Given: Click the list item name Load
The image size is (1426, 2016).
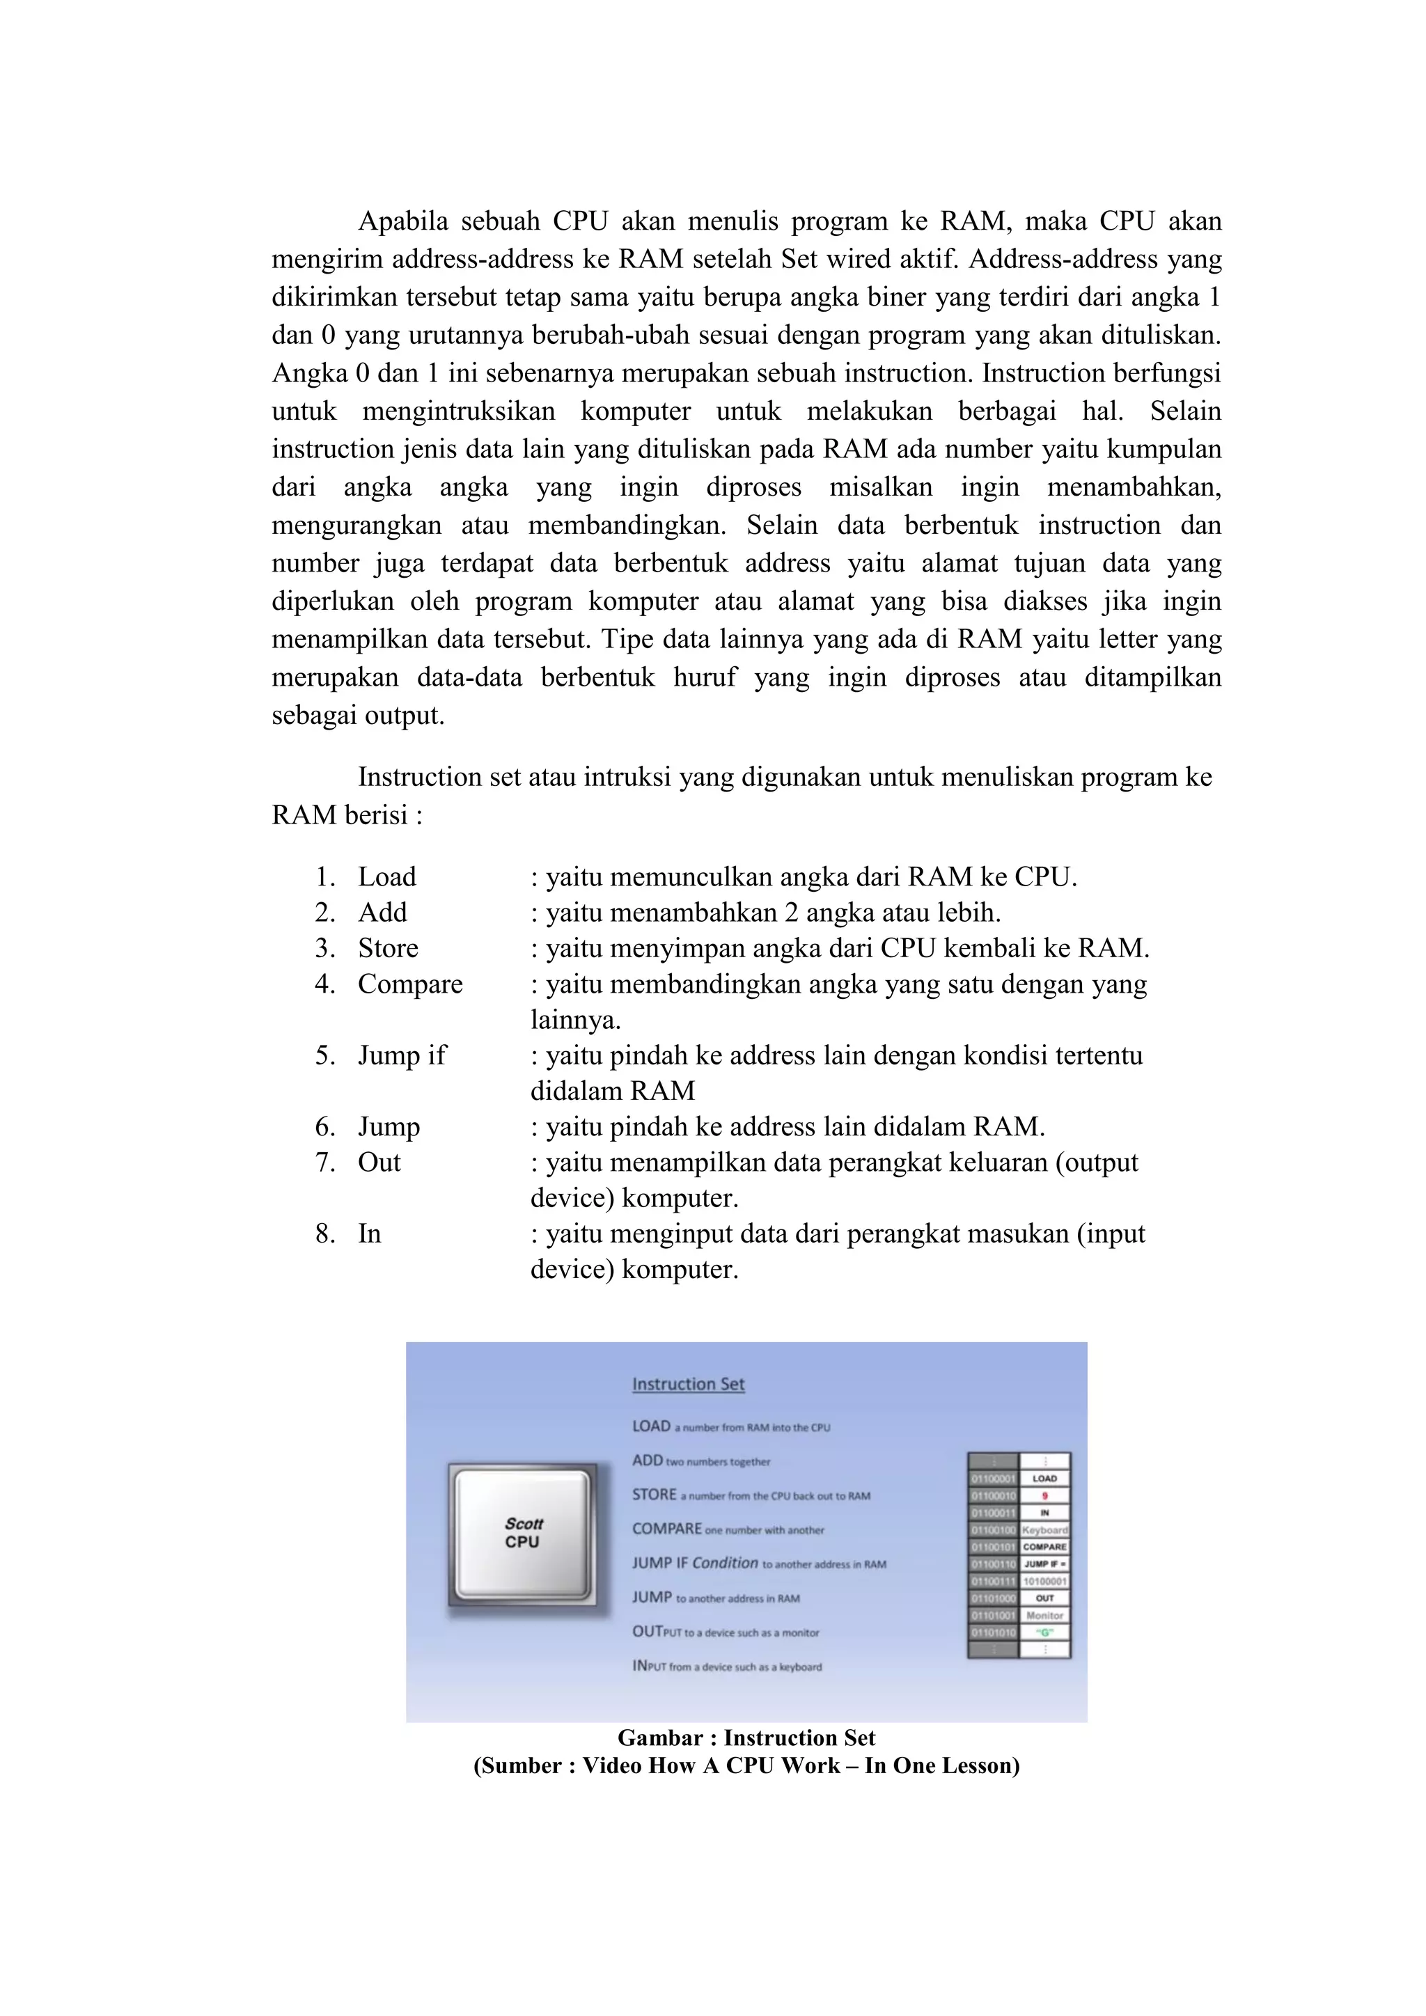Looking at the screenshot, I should (x=386, y=876).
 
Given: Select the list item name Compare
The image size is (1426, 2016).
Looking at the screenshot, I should (x=409, y=984).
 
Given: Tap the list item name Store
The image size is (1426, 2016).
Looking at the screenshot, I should (x=387, y=948).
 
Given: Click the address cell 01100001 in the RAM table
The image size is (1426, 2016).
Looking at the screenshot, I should (x=992, y=1479).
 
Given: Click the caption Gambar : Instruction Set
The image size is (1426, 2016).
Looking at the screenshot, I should (x=746, y=1738).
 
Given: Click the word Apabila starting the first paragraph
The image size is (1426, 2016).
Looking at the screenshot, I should (x=402, y=221).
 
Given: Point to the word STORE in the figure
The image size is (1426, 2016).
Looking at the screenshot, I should (x=655, y=1495).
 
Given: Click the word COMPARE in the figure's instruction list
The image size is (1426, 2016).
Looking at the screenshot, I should (x=666, y=1529).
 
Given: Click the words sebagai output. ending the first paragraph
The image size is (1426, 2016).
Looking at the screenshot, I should (x=357, y=716).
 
